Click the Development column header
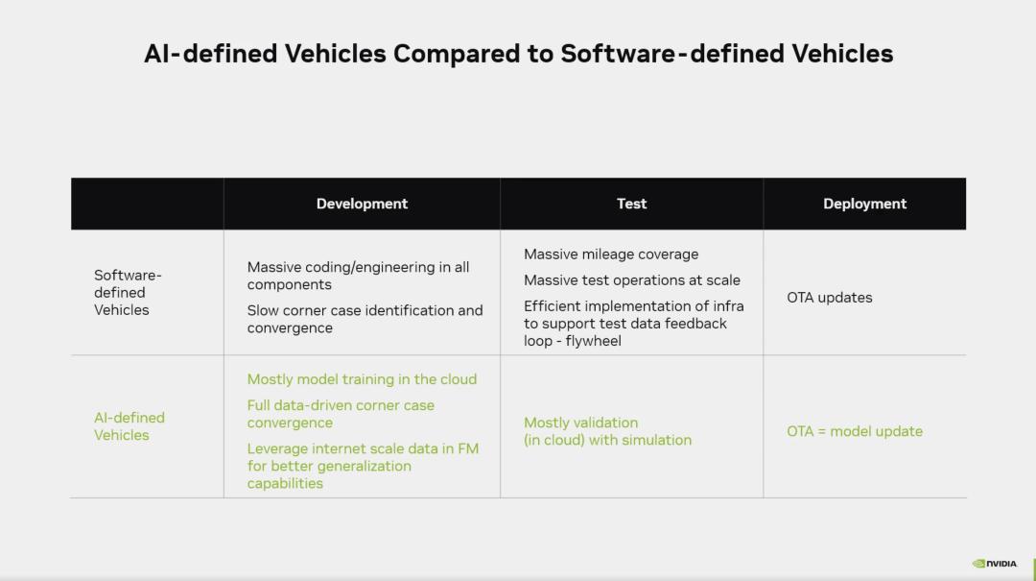[362, 204]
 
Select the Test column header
[631, 204]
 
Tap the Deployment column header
[864, 204]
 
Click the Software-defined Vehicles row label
[128, 293]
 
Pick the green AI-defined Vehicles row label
[129, 426]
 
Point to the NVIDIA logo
[995, 564]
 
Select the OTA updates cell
[829, 298]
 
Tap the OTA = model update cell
[855, 431]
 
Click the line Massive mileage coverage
[611, 254]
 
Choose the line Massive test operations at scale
[631, 279]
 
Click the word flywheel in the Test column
[594, 341]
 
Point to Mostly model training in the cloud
[362, 379]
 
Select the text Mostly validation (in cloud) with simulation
[608, 431]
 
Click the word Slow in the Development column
[261, 310]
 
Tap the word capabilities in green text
[286, 484]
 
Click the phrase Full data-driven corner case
[341, 405]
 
